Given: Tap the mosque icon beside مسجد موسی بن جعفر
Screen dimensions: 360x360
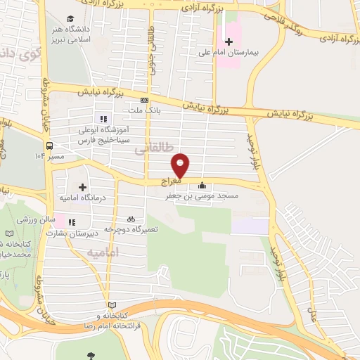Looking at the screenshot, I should click(202, 186).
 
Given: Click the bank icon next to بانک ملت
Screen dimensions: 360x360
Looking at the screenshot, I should click(145, 100).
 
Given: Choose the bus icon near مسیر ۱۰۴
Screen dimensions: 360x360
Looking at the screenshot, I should click(49, 146).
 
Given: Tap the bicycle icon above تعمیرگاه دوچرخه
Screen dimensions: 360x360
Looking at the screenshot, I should click(131, 219).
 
